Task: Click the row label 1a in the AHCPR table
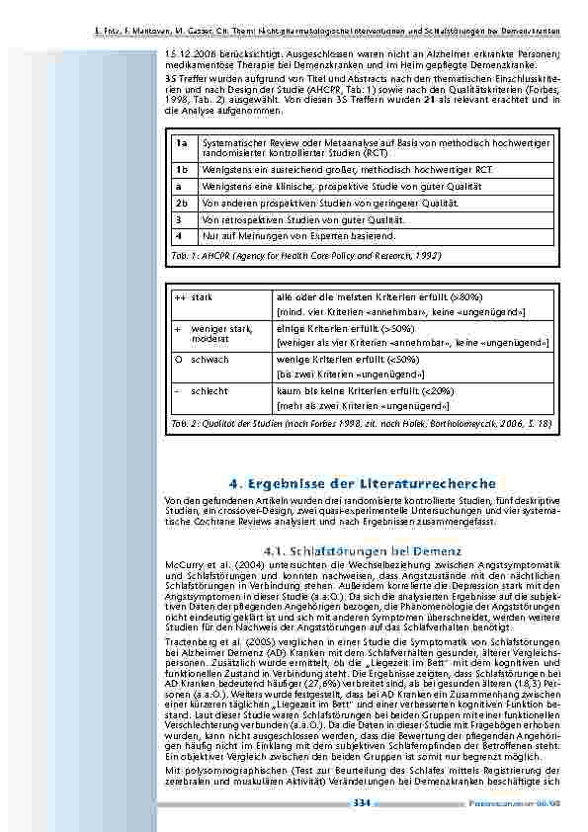181,145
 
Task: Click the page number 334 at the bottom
361,802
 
